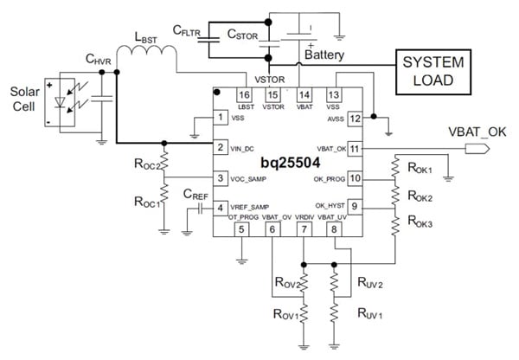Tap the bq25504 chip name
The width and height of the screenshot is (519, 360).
tap(285, 164)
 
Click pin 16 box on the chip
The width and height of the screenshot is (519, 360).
tap(244, 95)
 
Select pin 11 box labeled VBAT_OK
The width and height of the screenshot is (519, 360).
tap(354, 148)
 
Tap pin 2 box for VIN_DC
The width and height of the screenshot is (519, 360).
tap(222, 148)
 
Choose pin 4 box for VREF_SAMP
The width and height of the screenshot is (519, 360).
tap(222, 208)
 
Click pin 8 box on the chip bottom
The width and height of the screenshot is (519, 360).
tap(333, 229)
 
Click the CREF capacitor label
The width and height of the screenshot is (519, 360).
tap(194, 196)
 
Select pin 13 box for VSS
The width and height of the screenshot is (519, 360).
tap(333, 95)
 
